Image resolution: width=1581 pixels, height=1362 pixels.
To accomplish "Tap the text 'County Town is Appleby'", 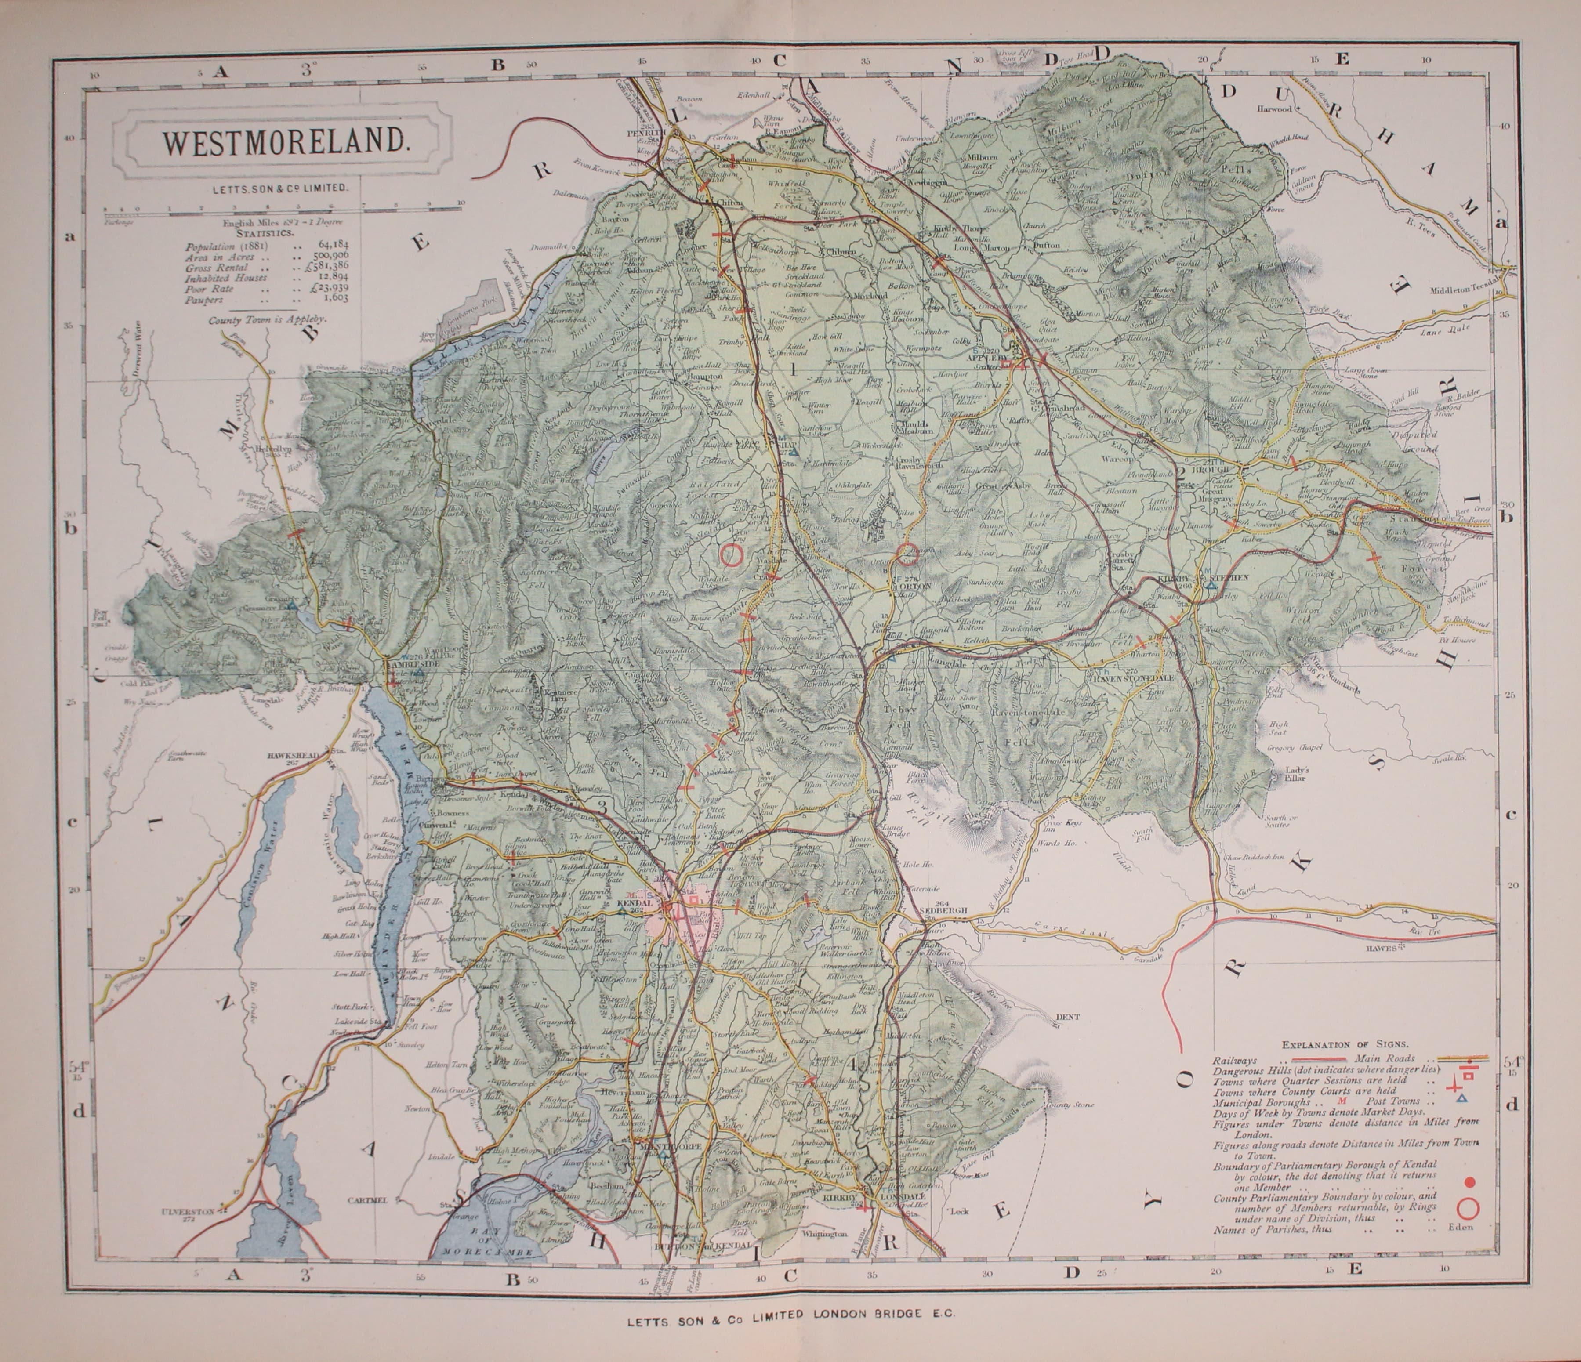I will [267, 320].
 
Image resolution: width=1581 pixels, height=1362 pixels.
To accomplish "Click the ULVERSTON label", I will [187, 1211].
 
